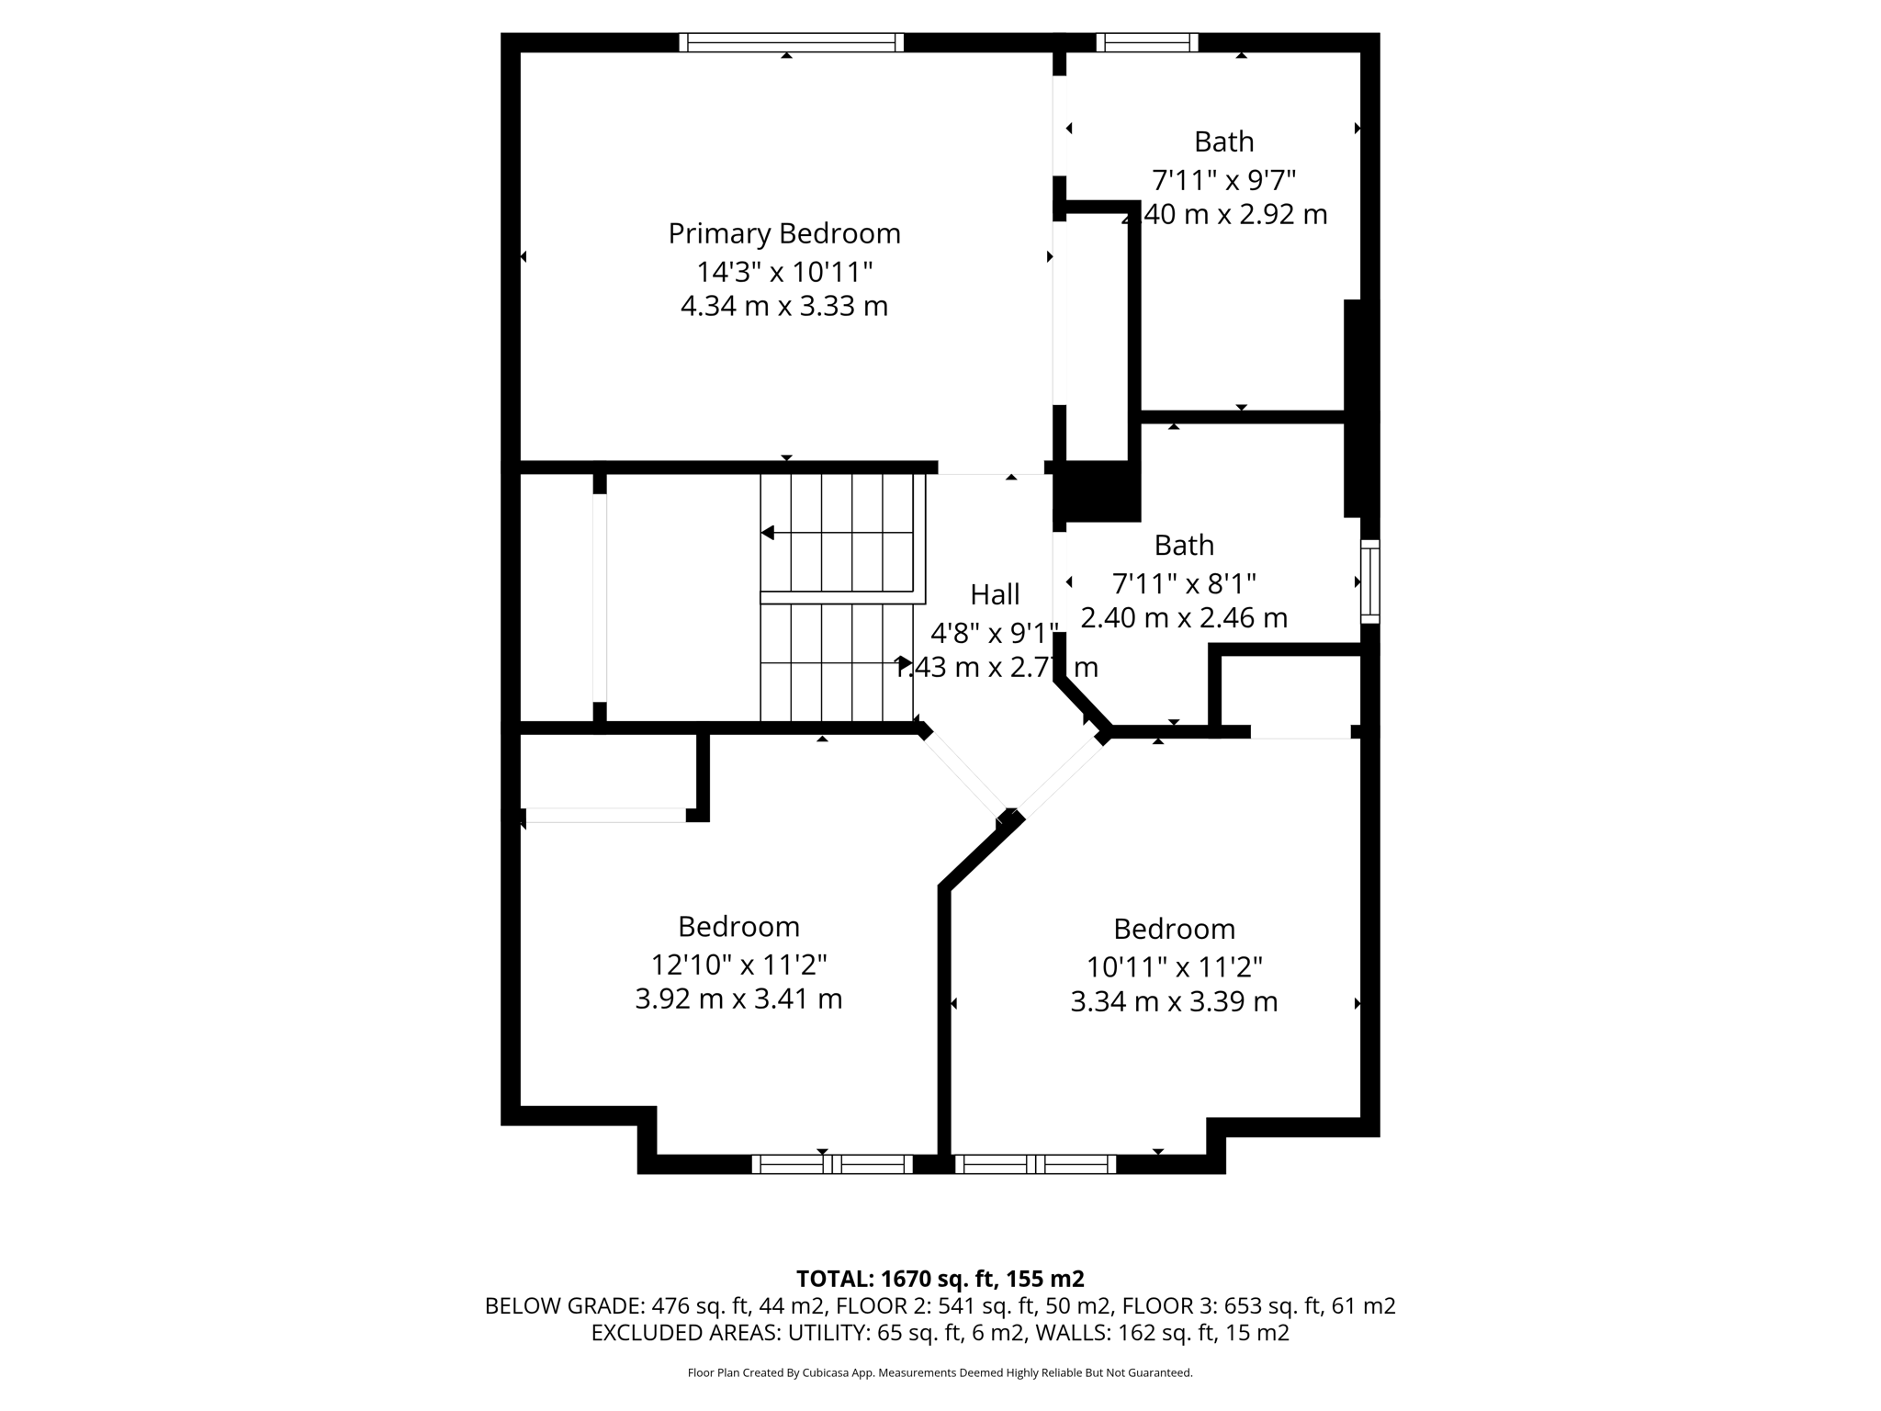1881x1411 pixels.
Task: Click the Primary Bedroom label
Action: (x=783, y=233)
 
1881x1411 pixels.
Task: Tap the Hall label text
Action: (x=995, y=594)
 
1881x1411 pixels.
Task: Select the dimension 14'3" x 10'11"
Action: (x=783, y=272)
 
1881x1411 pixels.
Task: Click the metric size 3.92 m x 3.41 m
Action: (x=738, y=999)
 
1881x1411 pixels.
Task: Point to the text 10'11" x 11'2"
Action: (x=1174, y=966)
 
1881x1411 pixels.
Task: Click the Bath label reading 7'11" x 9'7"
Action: (x=1223, y=141)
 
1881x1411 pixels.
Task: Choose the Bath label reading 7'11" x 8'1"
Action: (x=1184, y=545)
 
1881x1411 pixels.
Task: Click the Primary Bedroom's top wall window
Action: (x=791, y=42)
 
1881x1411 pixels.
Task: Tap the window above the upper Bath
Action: (x=1147, y=42)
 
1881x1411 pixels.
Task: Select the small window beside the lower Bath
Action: (x=1369, y=581)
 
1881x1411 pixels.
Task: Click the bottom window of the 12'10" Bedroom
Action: (x=832, y=1164)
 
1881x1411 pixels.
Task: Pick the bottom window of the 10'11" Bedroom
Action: (x=1035, y=1164)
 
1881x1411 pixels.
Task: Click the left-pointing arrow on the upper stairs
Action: (x=768, y=533)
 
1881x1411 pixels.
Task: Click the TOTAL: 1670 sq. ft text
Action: (x=940, y=1279)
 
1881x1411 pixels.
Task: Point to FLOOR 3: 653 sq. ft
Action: (x=1258, y=1305)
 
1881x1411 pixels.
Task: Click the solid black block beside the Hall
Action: (x=1098, y=491)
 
